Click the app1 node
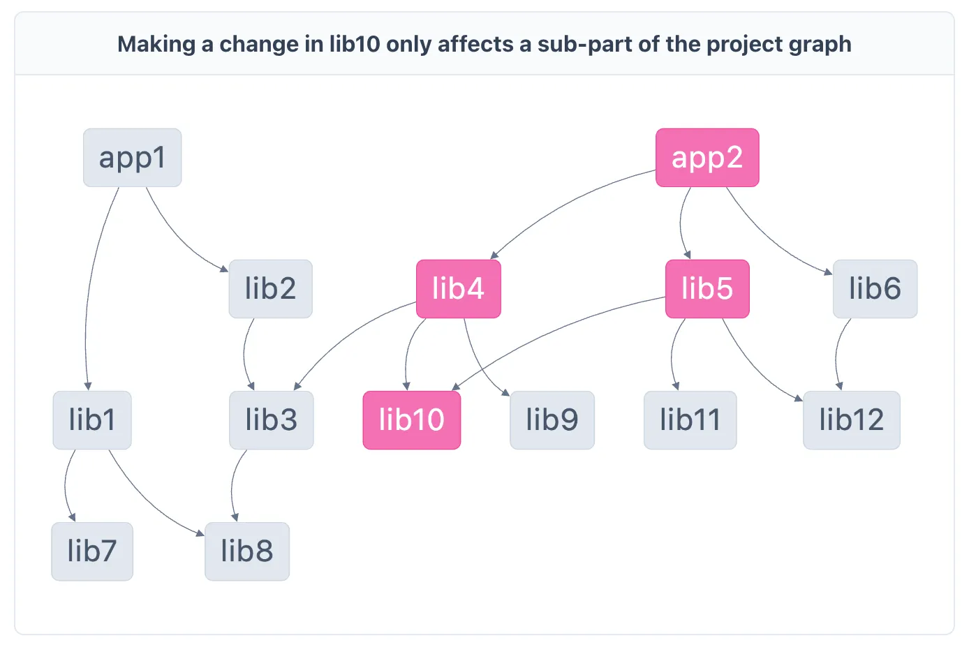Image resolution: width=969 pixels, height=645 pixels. click(133, 158)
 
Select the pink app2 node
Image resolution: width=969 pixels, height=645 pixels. click(707, 158)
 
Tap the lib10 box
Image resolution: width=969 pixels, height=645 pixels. click(412, 420)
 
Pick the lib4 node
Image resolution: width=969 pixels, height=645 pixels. click(459, 288)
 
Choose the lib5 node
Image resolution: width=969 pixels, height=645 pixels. click(707, 288)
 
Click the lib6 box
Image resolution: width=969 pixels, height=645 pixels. click(875, 288)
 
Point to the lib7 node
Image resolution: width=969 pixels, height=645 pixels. click(92, 551)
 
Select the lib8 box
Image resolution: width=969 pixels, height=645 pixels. click(247, 551)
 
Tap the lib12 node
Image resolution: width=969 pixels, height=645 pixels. click(852, 420)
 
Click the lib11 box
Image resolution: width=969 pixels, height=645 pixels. click(690, 420)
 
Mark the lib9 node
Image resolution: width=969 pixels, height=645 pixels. click(552, 420)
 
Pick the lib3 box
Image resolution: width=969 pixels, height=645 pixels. click(272, 420)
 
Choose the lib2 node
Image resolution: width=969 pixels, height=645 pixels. click(270, 288)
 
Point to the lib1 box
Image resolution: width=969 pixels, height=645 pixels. click(92, 420)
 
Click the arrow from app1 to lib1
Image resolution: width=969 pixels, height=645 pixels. click(91, 286)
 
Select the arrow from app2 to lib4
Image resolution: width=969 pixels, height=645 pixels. click(563, 207)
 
